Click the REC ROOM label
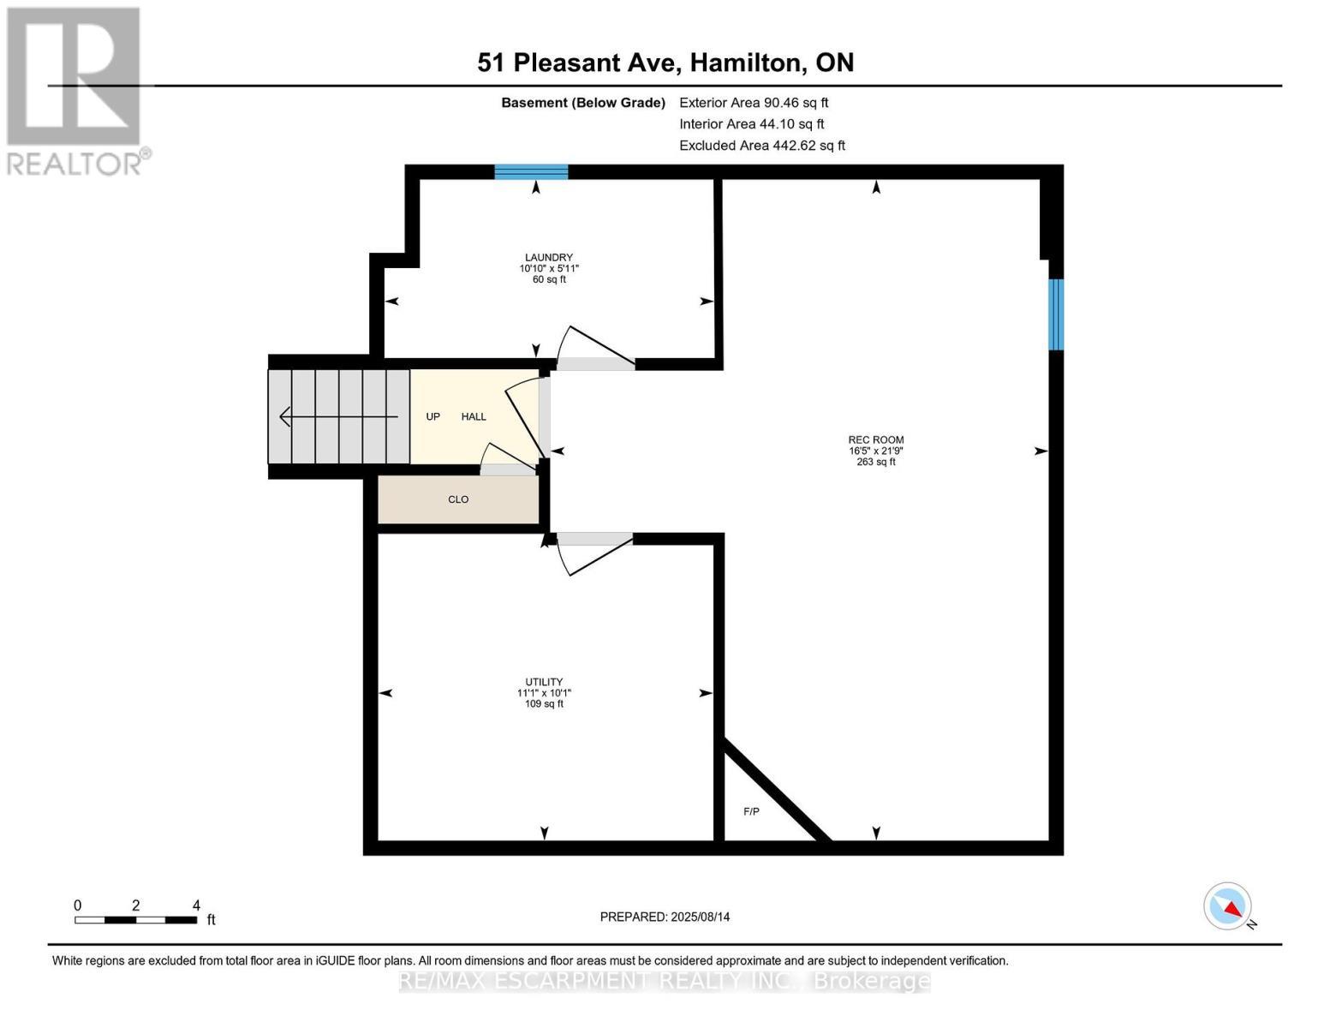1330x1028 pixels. (875, 439)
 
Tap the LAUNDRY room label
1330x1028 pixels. (548, 257)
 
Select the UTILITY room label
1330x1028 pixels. (544, 682)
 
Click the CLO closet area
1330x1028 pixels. (458, 499)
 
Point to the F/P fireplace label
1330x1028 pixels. (751, 811)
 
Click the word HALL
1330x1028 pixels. (474, 416)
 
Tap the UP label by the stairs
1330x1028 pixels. (433, 416)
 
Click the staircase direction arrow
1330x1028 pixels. (338, 417)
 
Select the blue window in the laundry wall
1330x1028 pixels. (531, 172)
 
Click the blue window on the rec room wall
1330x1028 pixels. (1056, 314)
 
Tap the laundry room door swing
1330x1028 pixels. (595, 347)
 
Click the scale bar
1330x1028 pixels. (135, 920)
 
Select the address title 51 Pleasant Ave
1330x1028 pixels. (665, 63)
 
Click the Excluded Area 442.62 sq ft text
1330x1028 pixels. (761, 146)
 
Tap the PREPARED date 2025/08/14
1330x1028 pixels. (665, 917)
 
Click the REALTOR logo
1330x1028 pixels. (75, 90)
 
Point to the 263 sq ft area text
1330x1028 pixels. (875, 462)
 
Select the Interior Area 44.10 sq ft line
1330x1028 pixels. (751, 124)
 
